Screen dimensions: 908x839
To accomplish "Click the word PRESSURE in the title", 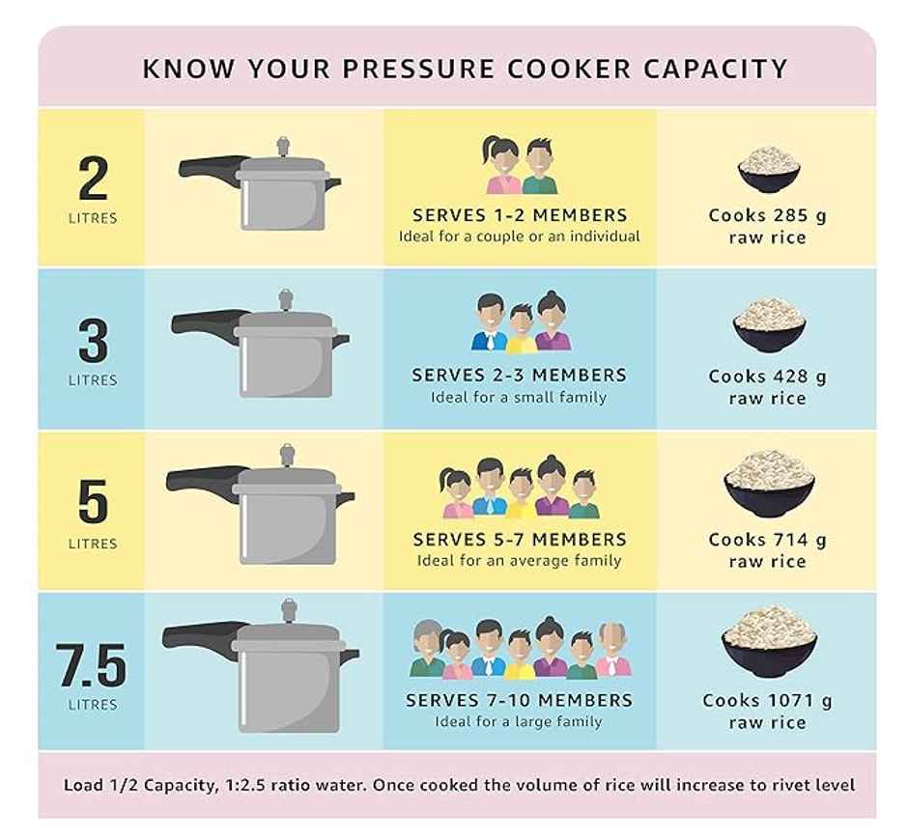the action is pyautogui.click(x=418, y=69).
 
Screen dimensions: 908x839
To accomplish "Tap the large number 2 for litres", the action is pyautogui.click(x=94, y=178).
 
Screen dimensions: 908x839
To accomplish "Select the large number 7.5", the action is pyautogui.click(x=92, y=665).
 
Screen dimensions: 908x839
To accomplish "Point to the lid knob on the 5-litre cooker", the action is pyautogui.click(x=287, y=456).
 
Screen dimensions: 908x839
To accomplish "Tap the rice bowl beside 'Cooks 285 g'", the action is pyautogui.click(x=769, y=170).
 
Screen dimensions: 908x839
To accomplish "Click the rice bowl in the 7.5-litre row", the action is pyautogui.click(x=769, y=642).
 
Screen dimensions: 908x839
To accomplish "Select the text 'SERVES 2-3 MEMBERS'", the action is pyautogui.click(x=519, y=375).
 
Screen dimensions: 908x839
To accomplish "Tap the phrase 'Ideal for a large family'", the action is pyautogui.click(x=519, y=721).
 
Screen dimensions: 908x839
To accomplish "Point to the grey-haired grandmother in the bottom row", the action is pyautogui.click(x=427, y=648).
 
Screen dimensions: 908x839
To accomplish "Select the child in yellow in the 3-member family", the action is pyautogui.click(x=522, y=328).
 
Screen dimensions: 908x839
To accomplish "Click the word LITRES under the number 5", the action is pyautogui.click(x=93, y=544).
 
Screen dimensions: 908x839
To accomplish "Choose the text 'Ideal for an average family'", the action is pyautogui.click(x=519, y=561).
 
